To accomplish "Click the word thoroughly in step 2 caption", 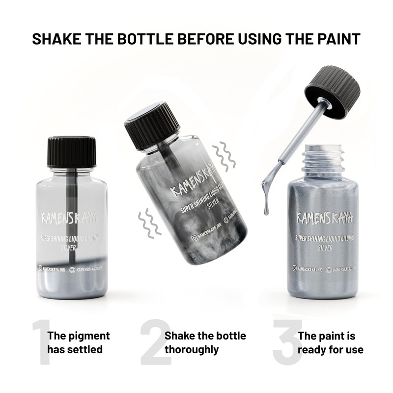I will [192, 350].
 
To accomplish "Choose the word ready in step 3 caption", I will [312, 350].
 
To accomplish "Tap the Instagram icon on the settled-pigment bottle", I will [41, 268].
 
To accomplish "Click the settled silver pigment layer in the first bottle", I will [71, 285].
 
